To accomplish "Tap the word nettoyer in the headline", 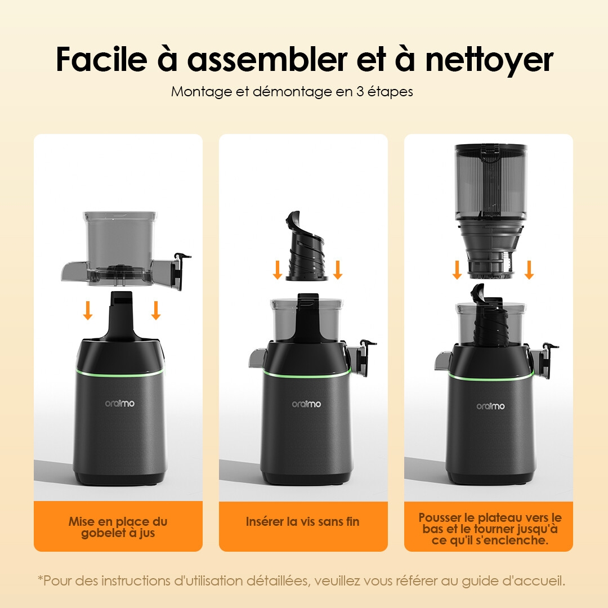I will coord(489,60).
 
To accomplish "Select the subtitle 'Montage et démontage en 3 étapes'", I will coord(292,91).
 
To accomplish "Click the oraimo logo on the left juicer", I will coord(120,403).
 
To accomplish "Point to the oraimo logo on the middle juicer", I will coord(306,404).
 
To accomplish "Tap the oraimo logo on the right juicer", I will coord(490,406).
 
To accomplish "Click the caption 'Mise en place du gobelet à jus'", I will coord(118,527).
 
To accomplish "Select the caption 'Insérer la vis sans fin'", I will coord(302,522).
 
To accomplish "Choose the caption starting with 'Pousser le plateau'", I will coord(489,529).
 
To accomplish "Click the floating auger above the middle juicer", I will coord(307,247).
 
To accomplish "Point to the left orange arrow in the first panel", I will coord(87,310).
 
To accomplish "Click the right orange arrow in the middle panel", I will coord(338,270).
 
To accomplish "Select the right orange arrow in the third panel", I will coord(529,270).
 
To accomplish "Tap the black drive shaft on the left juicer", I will coord(119,315).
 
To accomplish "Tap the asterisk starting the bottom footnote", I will coord(40,579).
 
